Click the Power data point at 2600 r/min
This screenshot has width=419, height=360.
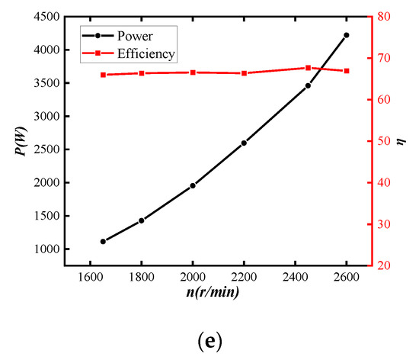[346, 35]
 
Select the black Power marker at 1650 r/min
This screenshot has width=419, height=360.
[103, 241]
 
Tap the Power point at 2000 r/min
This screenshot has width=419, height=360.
[193, 185]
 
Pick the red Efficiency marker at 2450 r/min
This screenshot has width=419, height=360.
[308, 68]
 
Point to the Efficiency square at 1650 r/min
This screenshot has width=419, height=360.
[103, 75]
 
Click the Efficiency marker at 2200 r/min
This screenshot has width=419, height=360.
[244, 73]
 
